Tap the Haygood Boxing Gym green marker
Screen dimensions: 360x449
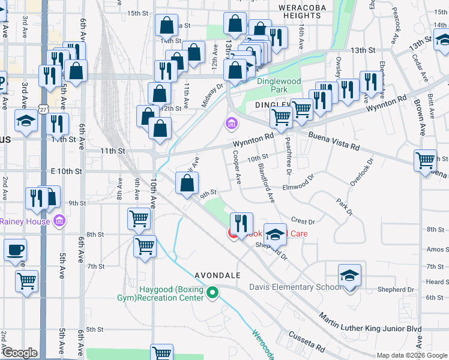(212, 293)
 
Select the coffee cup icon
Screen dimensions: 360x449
(15, 250)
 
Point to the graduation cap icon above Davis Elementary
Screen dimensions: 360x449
(349, 275)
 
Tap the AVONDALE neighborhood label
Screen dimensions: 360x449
(217, 275)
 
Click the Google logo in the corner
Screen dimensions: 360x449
(20, 353)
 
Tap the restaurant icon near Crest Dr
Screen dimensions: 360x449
(241, 223)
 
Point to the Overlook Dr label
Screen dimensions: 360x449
(362, 172)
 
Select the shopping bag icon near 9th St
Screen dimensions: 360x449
(187, 183)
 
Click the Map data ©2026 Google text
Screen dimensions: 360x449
(412, 355)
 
